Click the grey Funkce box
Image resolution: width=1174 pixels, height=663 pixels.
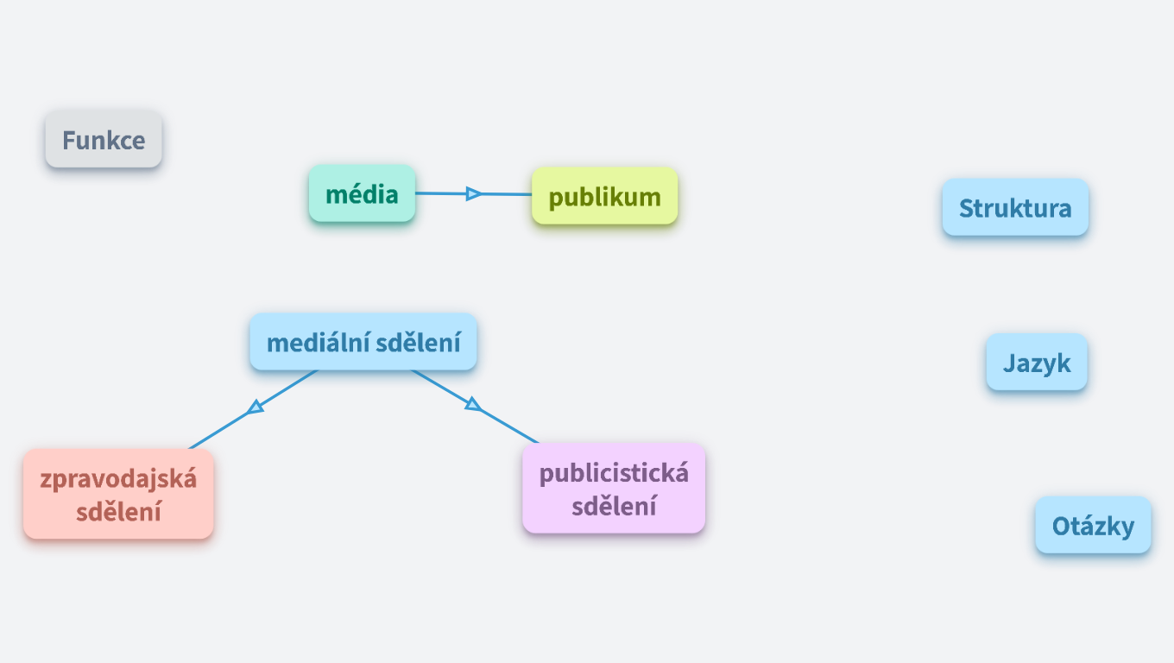click(x=104, y=140)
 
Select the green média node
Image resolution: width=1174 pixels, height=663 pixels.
click(x=362, y=194)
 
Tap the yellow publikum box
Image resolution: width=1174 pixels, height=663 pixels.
click(x=604, y=197)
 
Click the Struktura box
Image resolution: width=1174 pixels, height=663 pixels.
click(x=1015, y=208)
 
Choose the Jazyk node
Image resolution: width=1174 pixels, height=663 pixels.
click(x=1037, y=363)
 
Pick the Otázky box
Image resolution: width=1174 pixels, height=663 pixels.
click(x=1093, y=525)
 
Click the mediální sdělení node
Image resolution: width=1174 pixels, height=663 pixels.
click(x=363, y=343)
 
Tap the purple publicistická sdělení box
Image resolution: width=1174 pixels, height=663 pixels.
click(x=614, y=489)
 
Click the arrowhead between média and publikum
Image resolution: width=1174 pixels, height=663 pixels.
click(x=473, y=194)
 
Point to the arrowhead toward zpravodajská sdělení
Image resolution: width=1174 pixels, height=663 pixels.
click(x=255, y=407)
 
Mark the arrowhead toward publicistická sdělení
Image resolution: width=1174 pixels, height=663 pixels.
click(x=472, y=403)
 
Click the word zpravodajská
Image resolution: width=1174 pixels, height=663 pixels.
click(x=118, y=478)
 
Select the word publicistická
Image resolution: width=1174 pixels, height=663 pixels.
click(x=614, y=473)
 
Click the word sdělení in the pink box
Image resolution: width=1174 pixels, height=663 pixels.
click(x=118, y=511)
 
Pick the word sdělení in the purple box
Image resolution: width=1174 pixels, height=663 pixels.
click(x=614, y=506)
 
